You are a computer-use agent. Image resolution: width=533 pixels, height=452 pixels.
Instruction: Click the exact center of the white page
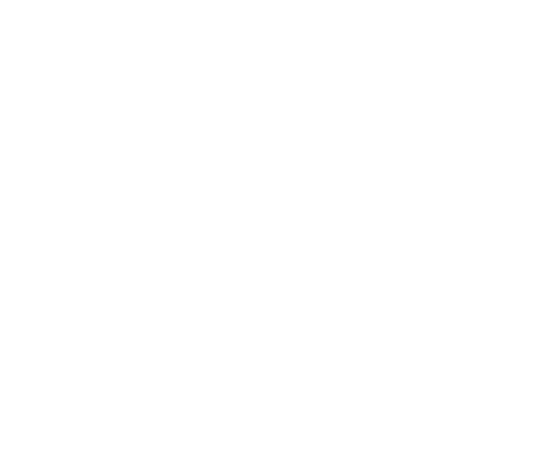(x=199, y=221)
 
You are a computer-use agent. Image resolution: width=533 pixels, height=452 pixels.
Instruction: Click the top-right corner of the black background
(x=532, y=1)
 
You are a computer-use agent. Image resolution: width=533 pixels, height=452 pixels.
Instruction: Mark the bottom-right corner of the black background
(x=532, y=451)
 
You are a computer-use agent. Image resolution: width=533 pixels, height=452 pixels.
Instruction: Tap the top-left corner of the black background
(x=1, y=1)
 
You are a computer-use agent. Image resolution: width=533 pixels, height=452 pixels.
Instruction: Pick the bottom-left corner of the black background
(x=1, y=451)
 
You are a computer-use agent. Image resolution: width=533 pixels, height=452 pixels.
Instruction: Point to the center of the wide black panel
(x=454, y=226)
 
